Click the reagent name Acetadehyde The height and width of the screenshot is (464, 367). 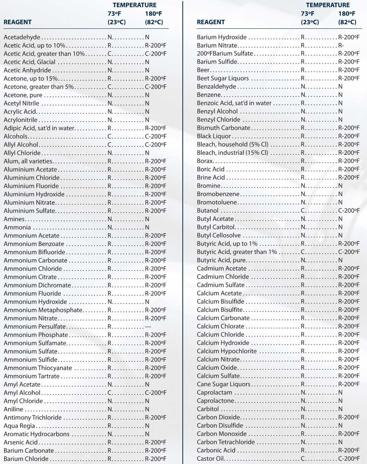coord(22,37)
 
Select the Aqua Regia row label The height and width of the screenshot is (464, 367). coord(19,426)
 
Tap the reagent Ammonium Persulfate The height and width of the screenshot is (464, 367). coord(35,327)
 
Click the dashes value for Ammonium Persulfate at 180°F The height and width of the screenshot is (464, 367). coord(148,327)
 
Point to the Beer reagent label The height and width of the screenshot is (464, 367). coord(203,70)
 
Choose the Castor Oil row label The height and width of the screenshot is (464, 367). coord(211,459)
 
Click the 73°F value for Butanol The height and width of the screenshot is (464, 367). coord(303,211)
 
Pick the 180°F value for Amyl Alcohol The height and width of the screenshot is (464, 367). coord(155,393)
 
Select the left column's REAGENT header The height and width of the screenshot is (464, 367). coord(17,22)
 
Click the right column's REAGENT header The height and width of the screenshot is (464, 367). coord(211,22)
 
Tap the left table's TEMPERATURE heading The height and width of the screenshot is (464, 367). coord(134,5)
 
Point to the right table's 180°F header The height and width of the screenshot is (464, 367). coord(347,14)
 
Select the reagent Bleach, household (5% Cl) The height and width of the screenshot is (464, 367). coord(232,145)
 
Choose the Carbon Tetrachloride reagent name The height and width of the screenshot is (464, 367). coord(226,442)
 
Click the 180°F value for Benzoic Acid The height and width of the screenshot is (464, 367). coord(340,103)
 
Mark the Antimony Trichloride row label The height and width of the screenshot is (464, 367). coord(33,418)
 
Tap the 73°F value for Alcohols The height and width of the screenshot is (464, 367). coord(110,136)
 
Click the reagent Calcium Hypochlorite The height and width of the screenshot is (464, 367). coord(227,351)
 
